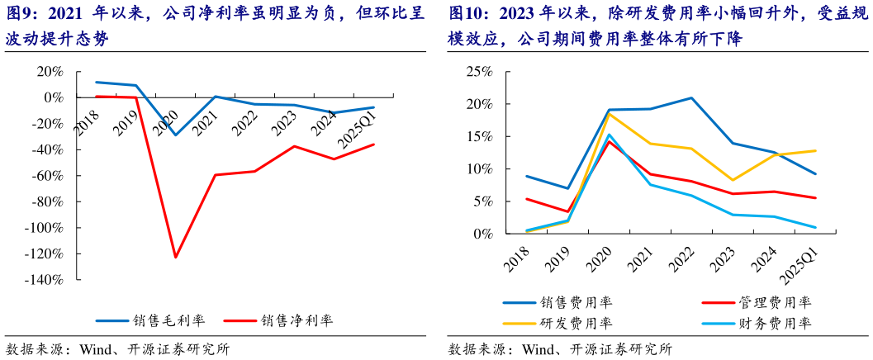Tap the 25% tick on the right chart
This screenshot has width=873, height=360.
(x=480, y=71)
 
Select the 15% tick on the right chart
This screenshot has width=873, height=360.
(x=480, y=136)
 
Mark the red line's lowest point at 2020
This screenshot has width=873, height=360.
(x=176, y=258)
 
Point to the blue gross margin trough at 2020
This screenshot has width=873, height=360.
(x=175, y=135)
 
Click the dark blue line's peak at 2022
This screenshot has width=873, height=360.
(x=690, y=98)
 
